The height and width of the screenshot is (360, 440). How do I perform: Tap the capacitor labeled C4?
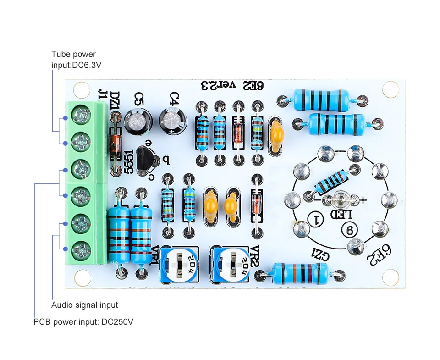pos(173,120)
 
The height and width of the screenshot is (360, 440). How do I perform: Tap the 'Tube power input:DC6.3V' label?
pos(76,60)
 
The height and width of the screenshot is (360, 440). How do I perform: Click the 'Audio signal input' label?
pos(84,305)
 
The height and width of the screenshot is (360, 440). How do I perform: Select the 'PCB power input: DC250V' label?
pos(83,322)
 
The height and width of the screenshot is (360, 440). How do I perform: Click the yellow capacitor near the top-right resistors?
pos(277,135)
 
